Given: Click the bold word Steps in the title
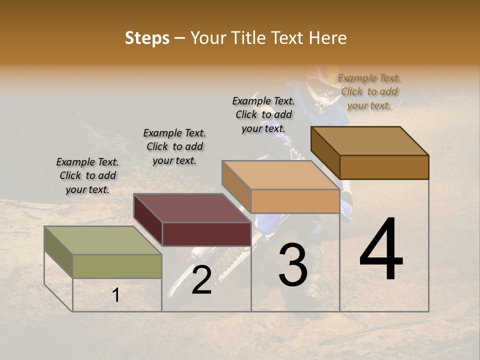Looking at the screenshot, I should [x=147, y=38].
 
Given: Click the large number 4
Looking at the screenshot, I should [x=381, y=249].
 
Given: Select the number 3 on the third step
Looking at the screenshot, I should [x=292, y=264].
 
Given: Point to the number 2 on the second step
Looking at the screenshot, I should [x=201, y=280].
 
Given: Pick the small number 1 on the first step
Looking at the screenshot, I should [x=116, y=295].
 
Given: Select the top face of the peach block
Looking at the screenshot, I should [x=280, y=175].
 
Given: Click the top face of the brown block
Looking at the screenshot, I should [x=369, y=141].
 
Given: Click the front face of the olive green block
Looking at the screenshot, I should [x=117, y=266].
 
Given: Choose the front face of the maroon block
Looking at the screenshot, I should [x=206, y=234].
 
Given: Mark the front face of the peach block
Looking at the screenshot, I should [x=295, y=201].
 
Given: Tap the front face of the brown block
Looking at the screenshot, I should [x=384, y=167].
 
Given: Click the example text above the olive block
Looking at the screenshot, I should [x=87, y=175].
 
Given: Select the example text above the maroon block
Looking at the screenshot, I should [x=174, y=146].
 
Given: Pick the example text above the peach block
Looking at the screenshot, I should [x=263, y=114].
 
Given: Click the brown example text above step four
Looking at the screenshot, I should [x=369, y=91].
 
